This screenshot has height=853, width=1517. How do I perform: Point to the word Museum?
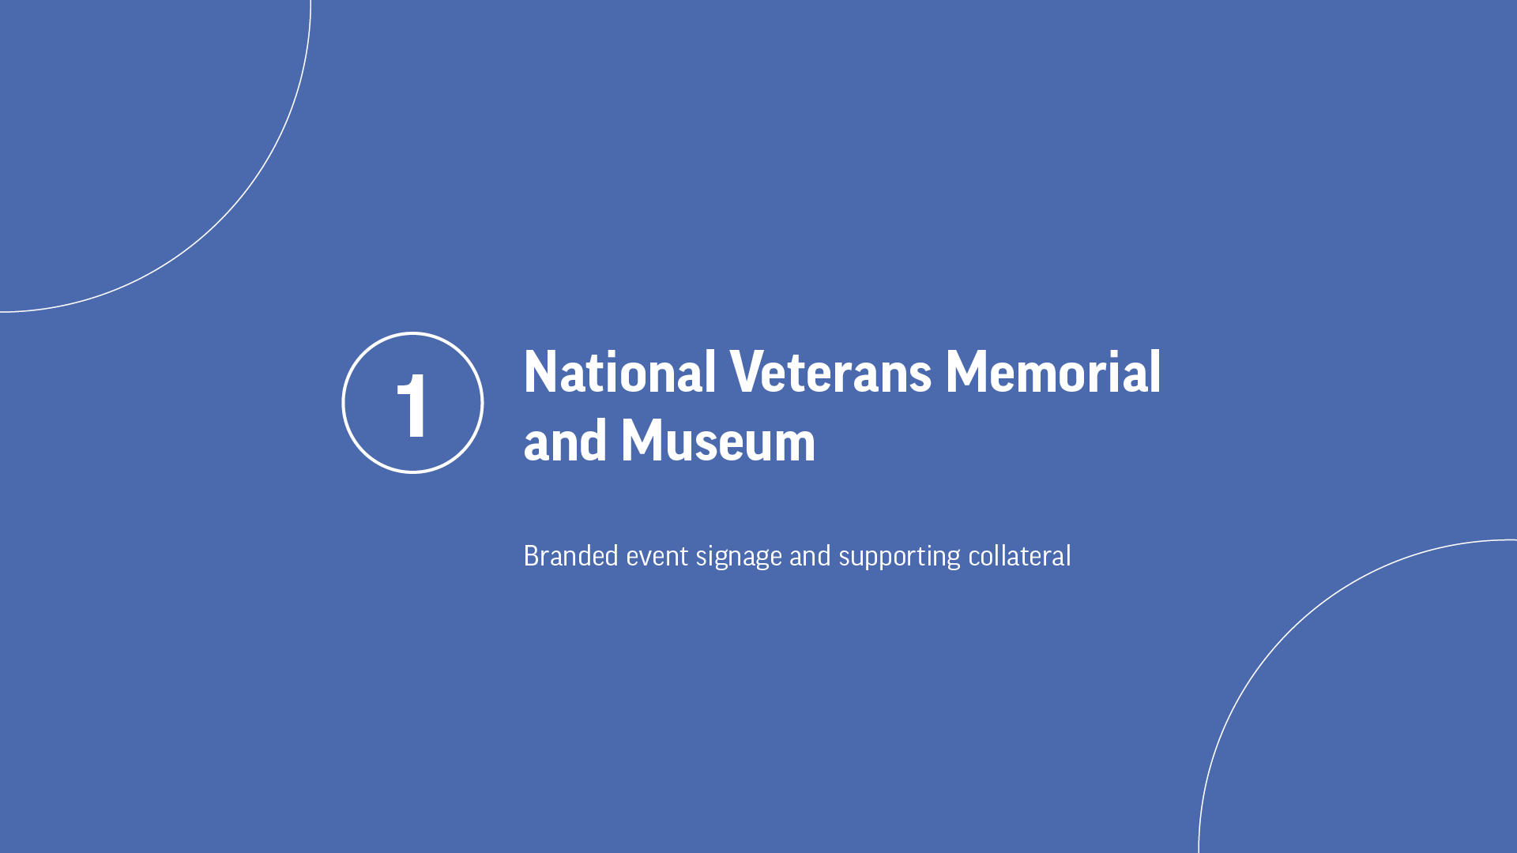coord(718,441)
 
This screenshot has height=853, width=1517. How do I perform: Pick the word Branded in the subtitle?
coord(571,556)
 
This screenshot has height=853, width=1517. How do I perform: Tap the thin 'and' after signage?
coord(810,556)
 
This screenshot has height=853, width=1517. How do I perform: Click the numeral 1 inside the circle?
coord(412,405)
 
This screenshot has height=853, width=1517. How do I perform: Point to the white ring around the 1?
coord(343,403)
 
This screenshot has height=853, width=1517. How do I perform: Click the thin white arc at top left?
coord(220,220)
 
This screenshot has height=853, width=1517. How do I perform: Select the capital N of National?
coord(541,372)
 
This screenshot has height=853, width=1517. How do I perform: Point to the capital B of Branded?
coord(533,556)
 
